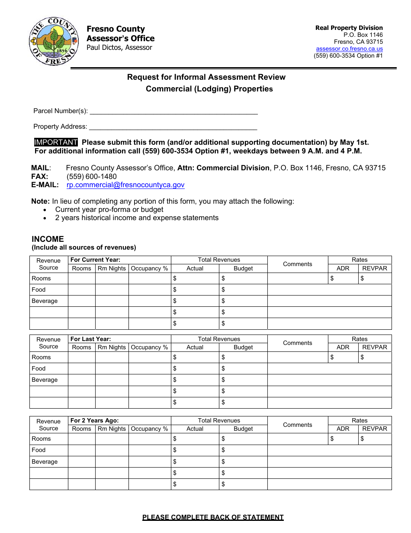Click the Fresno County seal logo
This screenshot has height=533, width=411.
pyautogui.click(x=54, y=41)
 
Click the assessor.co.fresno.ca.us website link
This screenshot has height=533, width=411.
pyautogui.click(x=349, y=49)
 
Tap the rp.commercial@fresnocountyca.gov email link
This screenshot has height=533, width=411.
pyautogui.click(x=125, y=185)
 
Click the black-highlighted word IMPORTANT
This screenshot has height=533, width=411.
pyautogui.click(x=56, y=142)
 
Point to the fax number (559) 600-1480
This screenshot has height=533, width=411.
pyautogui.click(x=92, y=176)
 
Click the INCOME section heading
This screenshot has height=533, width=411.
pyautogui.click(x=48, y=239)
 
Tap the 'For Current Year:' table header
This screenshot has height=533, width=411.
pyautogui.click(x=95, y=260)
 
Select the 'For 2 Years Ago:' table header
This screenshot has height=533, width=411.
pyautogui.click(x=94, y=420)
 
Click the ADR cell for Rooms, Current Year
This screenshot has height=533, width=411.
pyautogui.click(x=344, y=279)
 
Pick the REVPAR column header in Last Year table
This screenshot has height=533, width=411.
pyautogui.click(x=375, y=347)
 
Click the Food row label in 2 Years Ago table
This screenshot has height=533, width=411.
pyautogui.click(x=39, y=450)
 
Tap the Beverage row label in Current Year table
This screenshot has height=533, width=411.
pyautogui.click(x=45, y=301)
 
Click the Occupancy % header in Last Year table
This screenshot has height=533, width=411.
pyautogui.click(x=149, y=347)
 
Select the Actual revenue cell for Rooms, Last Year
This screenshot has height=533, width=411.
pyautogui.click(x=195, y=357)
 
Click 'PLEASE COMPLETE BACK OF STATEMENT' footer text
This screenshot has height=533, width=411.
pyautogui.click(x=213, y=517)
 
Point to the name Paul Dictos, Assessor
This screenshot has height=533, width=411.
pyautogui.click(x=119, y=48)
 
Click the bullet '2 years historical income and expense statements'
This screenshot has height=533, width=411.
pyautogui.click(x=137, y=218)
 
